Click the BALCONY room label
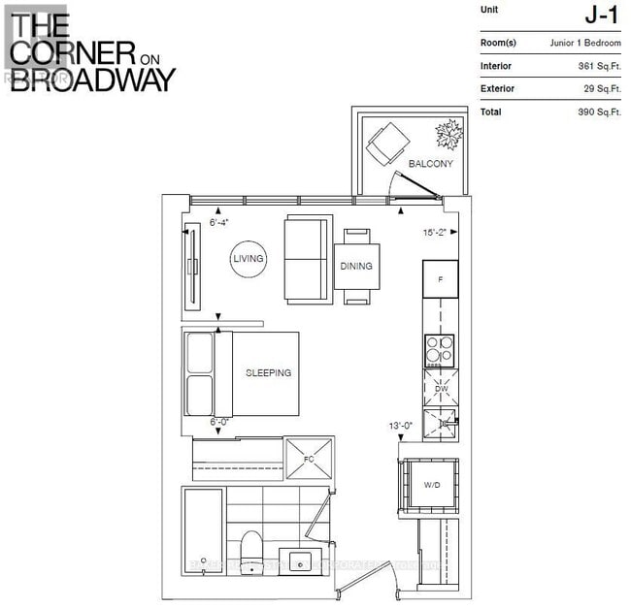(x=430, y=164)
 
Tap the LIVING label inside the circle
(x=249, y=259)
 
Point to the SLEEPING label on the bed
(x=268, y=372)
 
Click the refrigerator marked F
(x=440, y=279)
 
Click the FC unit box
(x=308, y=458)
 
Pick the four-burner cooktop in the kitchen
(x=440, y=346)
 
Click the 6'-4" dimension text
(x=219, y=222)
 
